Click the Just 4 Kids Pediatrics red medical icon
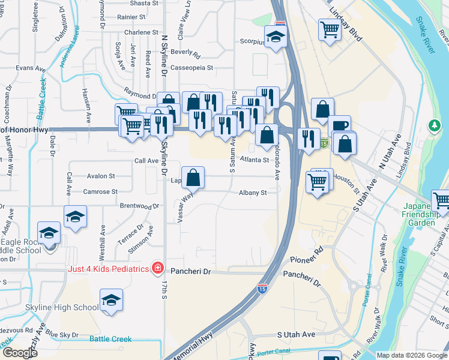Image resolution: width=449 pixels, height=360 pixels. coord(157,267)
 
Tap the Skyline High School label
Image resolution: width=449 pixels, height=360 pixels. coord(62,308)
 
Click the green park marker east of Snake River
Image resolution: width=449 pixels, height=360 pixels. coord(435,125)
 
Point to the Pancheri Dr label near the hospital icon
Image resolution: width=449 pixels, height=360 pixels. coord(190,272)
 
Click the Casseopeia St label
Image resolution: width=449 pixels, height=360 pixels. coord(191,68)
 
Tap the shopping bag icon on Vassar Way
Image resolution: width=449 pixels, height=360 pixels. coord(193,178)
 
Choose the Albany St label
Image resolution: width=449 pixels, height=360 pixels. coord(252,193)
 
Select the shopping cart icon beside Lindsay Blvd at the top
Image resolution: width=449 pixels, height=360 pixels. coord(330,28)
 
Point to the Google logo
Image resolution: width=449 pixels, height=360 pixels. coord(20,353)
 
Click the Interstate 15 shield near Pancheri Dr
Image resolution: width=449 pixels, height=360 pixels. coord(262,289)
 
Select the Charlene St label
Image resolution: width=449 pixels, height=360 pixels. coord(142,32)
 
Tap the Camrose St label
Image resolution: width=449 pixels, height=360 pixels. coord(101,192)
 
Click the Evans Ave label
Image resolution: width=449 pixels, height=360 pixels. coord(31,68)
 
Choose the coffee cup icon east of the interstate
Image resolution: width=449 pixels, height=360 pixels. coord(340,126)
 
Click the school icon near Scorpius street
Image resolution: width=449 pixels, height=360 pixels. coord(276,37)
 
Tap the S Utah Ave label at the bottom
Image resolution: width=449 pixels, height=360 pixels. coord(296,334)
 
